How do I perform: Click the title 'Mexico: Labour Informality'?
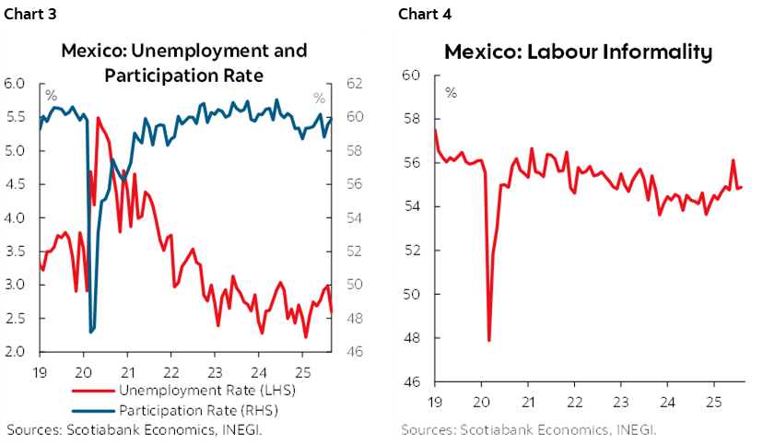(578, 52)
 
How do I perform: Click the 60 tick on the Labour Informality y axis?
(413, 76)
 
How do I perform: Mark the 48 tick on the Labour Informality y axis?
(413, 338)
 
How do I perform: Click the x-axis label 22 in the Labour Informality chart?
(573, 403)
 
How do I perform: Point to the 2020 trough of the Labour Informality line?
(488, 340)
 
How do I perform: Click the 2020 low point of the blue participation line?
(90, 332)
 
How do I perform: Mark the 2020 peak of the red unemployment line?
(98, 118)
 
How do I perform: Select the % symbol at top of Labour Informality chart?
(451, 93)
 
